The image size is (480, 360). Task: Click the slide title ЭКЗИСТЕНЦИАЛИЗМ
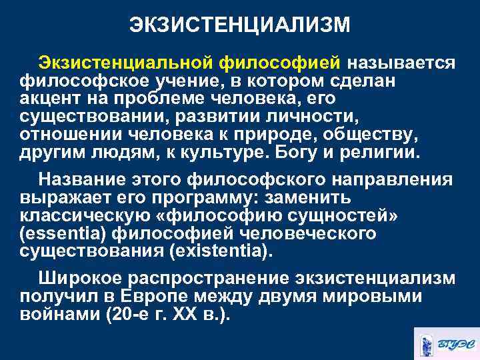click(239, 25)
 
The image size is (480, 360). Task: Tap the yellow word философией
click(279, 62)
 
